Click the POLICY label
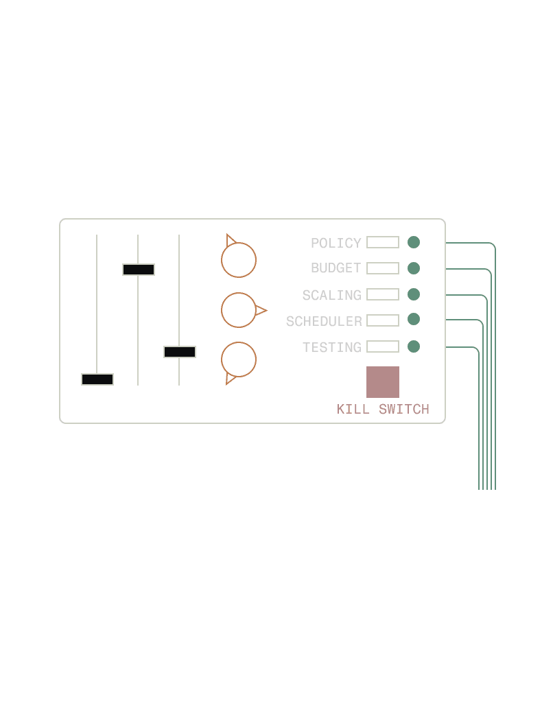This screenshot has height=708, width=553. point(336,243)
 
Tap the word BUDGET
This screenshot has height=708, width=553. point(336,268)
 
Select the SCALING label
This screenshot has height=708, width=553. point(331,295)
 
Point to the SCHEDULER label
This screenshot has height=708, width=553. point(324,321)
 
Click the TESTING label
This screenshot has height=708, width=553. point(331,347)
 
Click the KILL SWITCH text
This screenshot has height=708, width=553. point(383,409)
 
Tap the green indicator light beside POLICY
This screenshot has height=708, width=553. point(414,242)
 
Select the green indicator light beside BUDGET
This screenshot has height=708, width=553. point(414,268)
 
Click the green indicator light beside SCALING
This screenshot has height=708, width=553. point(414,294)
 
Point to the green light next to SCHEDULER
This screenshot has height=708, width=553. point(414,319)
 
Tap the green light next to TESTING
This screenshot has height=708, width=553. point(414,346)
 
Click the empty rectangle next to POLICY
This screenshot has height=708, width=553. point(383,242)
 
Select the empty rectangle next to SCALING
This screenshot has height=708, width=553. point(383,294)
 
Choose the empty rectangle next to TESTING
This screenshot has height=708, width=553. point(383,346)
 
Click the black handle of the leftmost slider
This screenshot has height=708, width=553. point(97,379)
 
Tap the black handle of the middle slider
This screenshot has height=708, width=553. point(139,270)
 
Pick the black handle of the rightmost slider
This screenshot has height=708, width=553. point(180,352)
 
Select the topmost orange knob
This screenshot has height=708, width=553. point(239,260)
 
